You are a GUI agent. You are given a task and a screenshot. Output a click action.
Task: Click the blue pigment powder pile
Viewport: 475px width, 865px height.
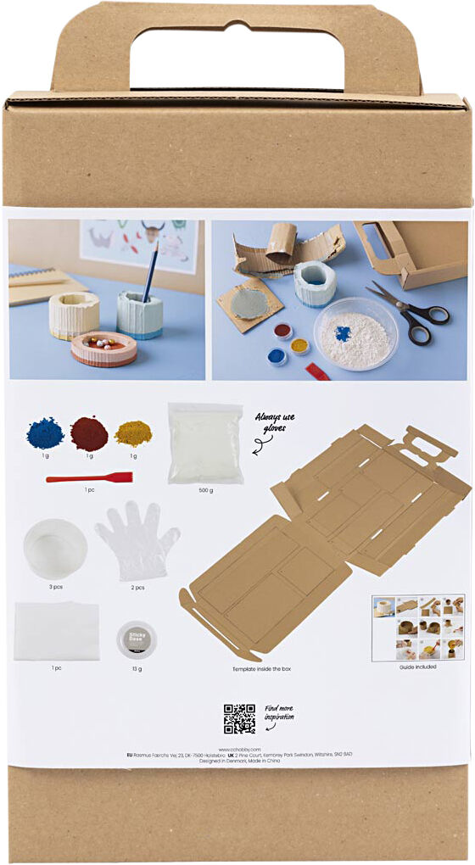point(45,434)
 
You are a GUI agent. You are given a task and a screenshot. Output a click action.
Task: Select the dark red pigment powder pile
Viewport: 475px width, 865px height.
point(89,434)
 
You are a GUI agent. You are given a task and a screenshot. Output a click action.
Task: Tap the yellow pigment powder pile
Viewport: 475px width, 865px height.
point(133,433)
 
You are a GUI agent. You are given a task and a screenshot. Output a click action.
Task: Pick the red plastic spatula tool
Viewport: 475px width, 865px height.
point(89,477)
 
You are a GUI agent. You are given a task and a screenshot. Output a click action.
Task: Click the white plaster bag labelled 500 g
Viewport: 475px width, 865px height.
point(205,443)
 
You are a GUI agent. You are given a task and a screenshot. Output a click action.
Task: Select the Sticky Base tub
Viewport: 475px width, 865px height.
point(137,638)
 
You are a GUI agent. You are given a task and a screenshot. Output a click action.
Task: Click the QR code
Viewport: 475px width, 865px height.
point(239,718)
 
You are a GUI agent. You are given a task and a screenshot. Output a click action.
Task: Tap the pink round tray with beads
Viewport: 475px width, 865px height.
point(103,349)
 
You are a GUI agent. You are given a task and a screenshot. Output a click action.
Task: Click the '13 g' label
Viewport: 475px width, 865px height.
point(137,669)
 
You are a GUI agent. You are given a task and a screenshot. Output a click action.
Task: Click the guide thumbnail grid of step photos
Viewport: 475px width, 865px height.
point(418,627)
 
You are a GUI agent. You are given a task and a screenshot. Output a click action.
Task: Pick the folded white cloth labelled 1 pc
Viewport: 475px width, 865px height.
point(56,631)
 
